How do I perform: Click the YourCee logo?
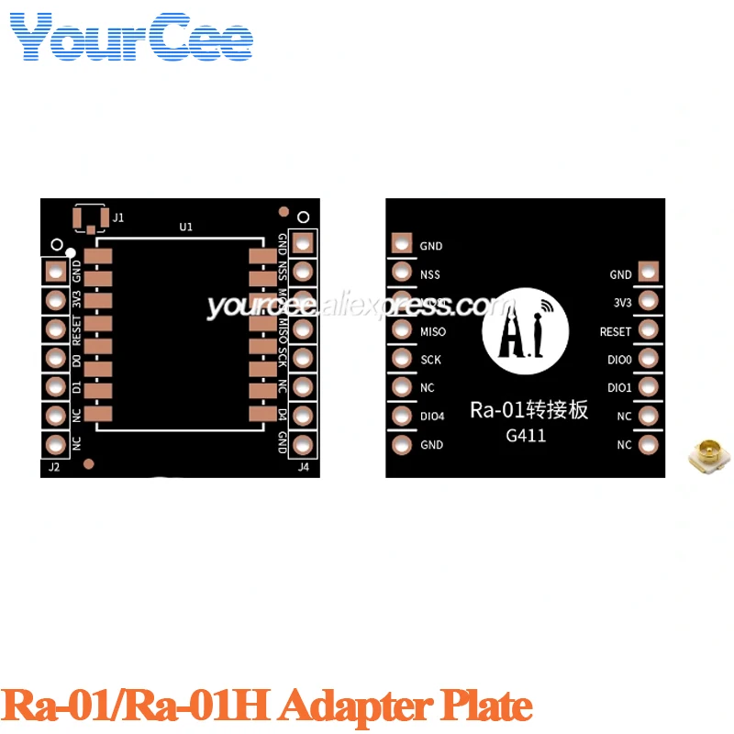131,38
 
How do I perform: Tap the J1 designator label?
117,217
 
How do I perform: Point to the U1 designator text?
186,227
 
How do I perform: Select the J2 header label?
53,467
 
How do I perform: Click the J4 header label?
304,467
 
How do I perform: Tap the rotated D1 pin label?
77,388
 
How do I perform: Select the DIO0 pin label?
619,359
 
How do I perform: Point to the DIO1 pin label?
619,387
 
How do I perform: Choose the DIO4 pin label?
432,417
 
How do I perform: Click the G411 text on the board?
526,435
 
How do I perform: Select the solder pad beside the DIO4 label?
402,417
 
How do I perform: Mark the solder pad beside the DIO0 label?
649,359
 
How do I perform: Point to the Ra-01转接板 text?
528,410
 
